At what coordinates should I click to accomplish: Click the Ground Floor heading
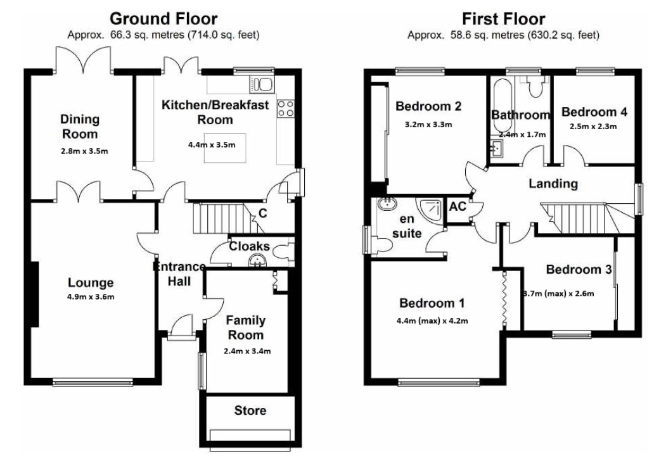point(163,18)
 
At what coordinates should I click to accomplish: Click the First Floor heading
point(503,18)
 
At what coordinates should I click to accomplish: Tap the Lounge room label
point(91,282)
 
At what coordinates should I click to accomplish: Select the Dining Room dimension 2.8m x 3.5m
point(84,151)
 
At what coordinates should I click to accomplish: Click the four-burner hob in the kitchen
point(285,108)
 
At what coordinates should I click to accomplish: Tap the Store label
point(250,410)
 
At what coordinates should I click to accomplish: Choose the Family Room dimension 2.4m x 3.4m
point(247,351)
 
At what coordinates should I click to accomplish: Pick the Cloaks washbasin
point(257,260)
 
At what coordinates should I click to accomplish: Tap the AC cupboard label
point(458,206)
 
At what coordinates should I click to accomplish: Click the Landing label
point(553,184)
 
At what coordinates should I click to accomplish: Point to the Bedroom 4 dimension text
point(593,127)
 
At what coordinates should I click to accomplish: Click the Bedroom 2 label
point(428,106)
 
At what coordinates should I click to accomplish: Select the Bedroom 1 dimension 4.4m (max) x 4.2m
point(432,321)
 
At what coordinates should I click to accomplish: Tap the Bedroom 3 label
point(579,270)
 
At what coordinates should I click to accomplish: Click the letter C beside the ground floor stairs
point(263,213)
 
